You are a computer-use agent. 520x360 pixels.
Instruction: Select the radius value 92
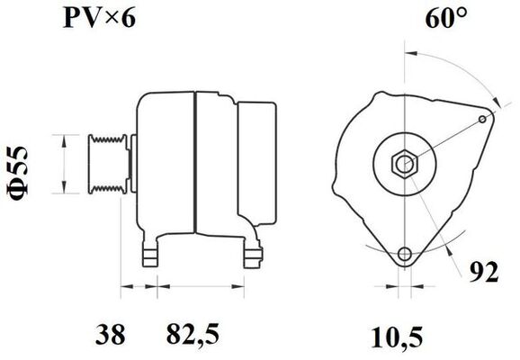tap(484, 273)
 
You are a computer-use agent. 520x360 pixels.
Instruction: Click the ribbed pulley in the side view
tap(106, 163)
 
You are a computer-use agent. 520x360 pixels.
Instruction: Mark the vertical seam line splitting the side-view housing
tap(194, 162)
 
